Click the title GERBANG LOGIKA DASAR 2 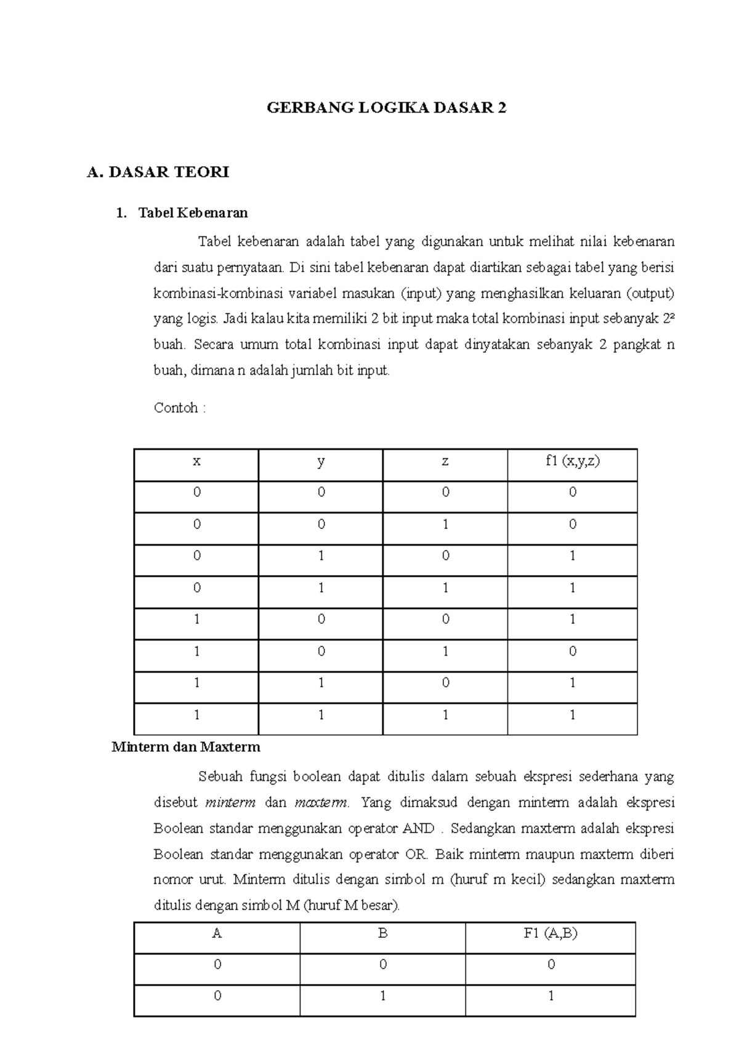point(386,108)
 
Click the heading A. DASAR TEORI point(158,172)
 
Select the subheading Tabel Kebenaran point(193,213)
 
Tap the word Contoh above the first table point(176,408)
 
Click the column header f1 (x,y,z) point(572,461)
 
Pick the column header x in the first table point(196,461)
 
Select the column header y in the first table point(321,461)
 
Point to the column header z point(445,461)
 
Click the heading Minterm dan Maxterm point(186,747)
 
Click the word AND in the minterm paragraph point(418,828)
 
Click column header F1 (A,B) point(551,933)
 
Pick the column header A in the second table point(217,933)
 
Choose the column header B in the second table point(382,933)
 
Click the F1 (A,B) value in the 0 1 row point(551,996)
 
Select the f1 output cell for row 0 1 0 point(572,556)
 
